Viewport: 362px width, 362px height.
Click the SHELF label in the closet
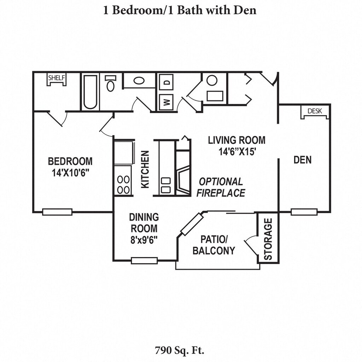coord(57,77)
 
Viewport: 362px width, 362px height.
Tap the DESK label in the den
coord(315,111)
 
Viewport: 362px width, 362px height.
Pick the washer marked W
coord(166,103)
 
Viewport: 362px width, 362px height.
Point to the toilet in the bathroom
coord(111,83)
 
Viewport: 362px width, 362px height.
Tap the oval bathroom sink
coord(139,81)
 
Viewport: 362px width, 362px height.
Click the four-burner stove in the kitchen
coord(123,185)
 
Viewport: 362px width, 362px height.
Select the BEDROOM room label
coord(70,162)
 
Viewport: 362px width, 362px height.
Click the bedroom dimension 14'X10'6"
coord(70,173)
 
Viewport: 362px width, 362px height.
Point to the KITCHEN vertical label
coord(145,169)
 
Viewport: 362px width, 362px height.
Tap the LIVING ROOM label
coord(237,140)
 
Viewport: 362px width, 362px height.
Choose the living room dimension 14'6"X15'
coord(237,152)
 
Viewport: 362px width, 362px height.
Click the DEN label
coord(303,160)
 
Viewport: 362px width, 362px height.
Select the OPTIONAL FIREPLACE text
coord(221,187)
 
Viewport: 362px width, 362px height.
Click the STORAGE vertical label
coord(268,239)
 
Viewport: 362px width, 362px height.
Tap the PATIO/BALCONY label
coord(214,245)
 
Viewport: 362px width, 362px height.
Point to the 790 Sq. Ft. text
coord(180,351)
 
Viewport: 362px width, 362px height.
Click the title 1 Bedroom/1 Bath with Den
coord(180,10)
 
